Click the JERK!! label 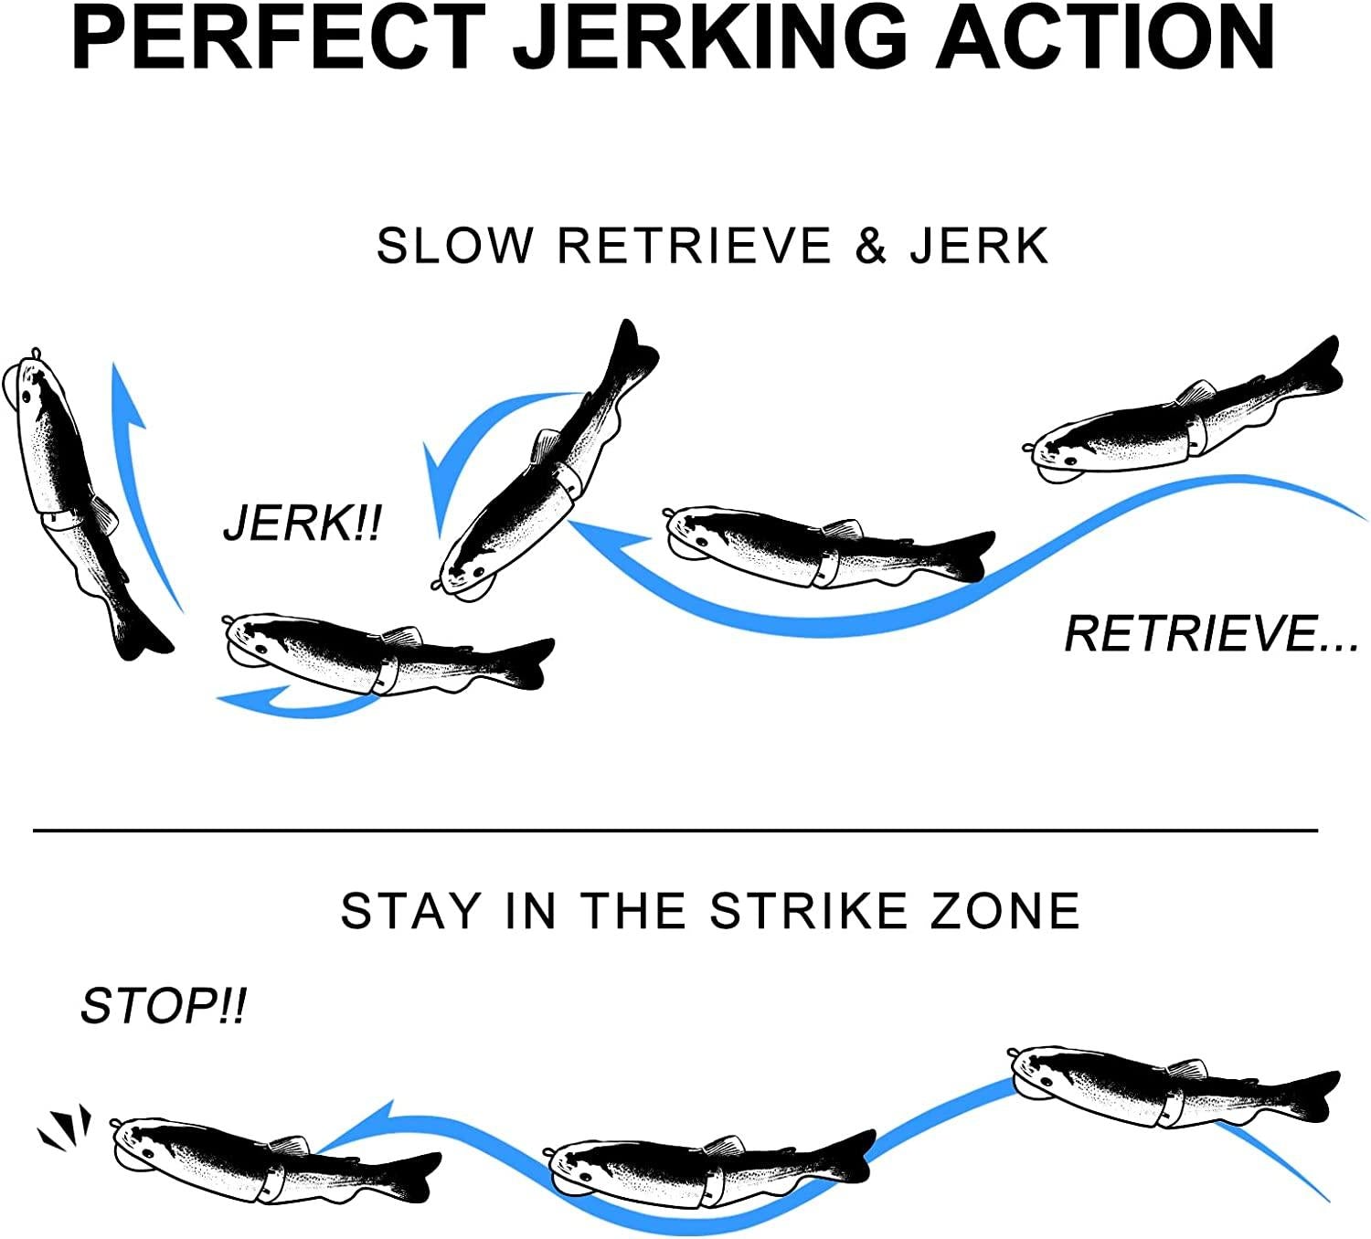click(x=303, y=524)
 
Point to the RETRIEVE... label click(x=1211, y=633)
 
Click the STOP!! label click(x=163, y=1006)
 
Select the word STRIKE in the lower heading click(x=808, y=911)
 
